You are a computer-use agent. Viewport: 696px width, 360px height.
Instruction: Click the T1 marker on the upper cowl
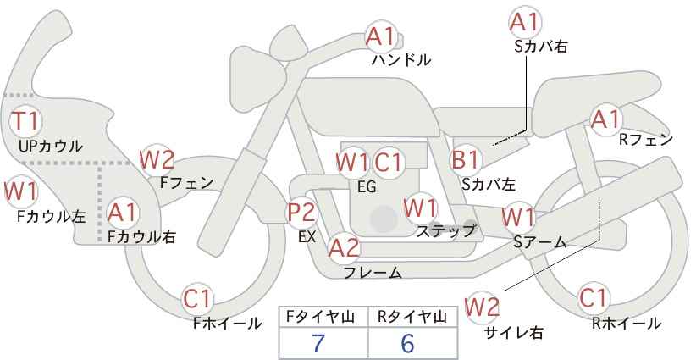click(x=25, y=121)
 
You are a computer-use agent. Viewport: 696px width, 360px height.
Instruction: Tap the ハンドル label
click(x=401, y=59)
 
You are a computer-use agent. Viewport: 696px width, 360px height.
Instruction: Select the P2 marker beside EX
click(x=301, y=212)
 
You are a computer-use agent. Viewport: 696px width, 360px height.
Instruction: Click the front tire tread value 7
click(x=318, y=343)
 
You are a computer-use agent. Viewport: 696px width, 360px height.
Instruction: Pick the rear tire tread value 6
click(x=407, y=343)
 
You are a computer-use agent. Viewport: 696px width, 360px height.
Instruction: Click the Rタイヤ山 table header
click(x=412, y=317)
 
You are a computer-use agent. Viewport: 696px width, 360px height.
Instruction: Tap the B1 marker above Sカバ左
click(x=466, y=160)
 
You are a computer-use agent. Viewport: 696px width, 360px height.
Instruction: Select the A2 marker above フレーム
click(x=344, y=248)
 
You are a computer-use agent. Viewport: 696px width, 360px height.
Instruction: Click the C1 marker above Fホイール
click(x=197, y=299)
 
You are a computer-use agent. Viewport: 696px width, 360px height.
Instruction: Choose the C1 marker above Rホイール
click(x=594, y=298)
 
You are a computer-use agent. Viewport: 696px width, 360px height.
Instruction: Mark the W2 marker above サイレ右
click(x=482, y=307)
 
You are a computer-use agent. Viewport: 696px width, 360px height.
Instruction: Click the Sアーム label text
click(x=540, y=242)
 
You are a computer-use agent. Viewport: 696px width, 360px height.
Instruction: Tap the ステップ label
click(x=446, y=231)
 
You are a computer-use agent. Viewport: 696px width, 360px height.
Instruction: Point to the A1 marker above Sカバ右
click(x=526, y=22)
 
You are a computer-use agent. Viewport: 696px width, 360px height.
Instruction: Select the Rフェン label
click(x=646, y=140)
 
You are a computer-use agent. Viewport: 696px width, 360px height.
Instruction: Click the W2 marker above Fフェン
click(x=157, y=160)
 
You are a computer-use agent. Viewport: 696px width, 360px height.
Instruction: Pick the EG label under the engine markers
click(x=367, y=187)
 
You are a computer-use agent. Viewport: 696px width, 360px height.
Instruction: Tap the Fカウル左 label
click(x=52, y=216)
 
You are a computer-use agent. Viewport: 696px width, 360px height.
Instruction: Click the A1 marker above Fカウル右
click(x=123, y=213)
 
